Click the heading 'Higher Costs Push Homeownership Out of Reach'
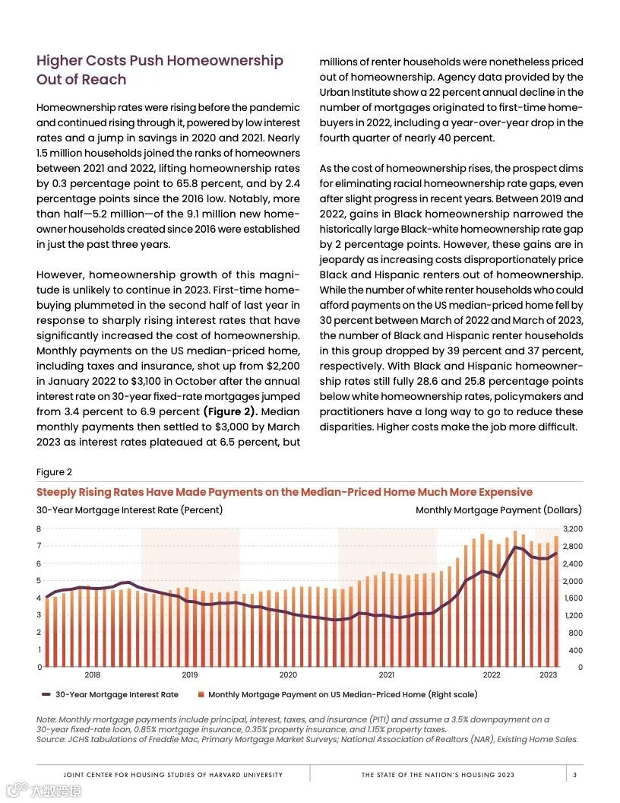coord(160,70)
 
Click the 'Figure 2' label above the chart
coord(54,472)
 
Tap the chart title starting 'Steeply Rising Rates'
coord(284,492)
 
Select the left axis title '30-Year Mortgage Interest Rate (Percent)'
coord(129,509)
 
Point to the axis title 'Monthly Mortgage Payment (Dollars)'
coord(498,509)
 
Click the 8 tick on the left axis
coord(39,528)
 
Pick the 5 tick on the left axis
coord(39,581)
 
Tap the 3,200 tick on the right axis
coord(571,528)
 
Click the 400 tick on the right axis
coord(574,650)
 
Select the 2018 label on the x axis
coord(93,674)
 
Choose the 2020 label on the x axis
coord(288,674)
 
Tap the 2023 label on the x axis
coord(548,674)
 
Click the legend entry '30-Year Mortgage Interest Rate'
coord(116,694)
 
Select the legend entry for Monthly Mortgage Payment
coord(342,694)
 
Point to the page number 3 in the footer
coord(575,775)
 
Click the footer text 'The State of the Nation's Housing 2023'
coord(438,775)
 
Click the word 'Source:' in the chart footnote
coord(52,739)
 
